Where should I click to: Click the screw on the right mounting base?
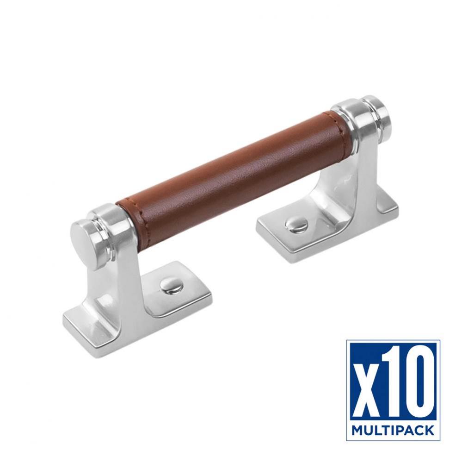pos(295,225)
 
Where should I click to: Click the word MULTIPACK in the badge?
pos(393,431)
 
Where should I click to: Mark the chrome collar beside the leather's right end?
pos(351,125)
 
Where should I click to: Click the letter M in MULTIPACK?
pos(357,431)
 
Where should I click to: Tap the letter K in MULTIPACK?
pos(429,431)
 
